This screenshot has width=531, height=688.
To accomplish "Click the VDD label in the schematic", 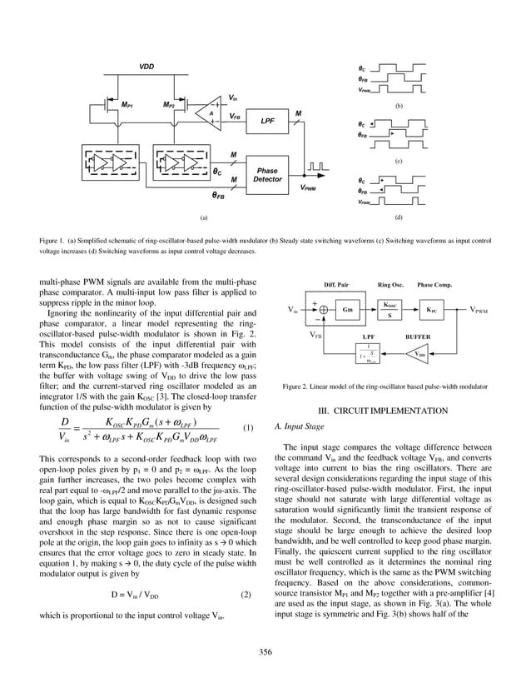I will pyautogui.click(x=146, y=67).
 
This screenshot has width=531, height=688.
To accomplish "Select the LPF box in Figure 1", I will pyautogui.click(x=268, y=121).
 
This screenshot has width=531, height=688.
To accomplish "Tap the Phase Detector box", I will pyautogui.click(x=267, y=174).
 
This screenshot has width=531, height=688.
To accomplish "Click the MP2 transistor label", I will pyautogui.click(x=168, y=106).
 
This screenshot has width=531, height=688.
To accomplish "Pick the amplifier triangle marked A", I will pyautogui.click(x=212, y=112).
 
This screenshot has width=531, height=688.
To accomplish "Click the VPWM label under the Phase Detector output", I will pyautogui.click(x=308, y=188).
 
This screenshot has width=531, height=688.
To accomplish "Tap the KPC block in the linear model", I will pyautogui.click(x=430, y=310).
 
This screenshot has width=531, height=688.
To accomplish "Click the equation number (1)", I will pyautogui.click(x=247, y=428).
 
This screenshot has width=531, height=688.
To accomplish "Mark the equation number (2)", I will pyautogui.click(x=246, y=595).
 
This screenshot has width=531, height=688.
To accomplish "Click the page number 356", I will pyautogui.click(x=265, y=651).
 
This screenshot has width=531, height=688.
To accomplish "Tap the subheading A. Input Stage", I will pyautogui.click(x=300, y=427).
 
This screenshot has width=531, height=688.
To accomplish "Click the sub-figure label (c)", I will pyautogui.click(x=399, y=159).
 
